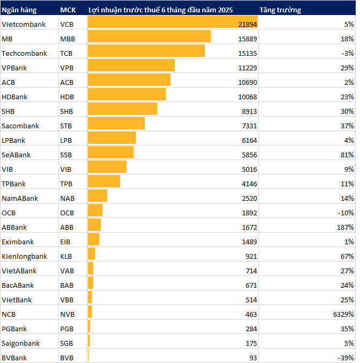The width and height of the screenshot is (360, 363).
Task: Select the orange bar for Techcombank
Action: pos(146,53)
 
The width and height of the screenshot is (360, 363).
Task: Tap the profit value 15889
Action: pos(246,39)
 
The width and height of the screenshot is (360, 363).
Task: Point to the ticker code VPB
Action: pos(67,68)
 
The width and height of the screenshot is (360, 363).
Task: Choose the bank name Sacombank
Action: pos(20,126)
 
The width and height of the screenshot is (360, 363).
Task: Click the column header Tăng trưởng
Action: pos(280,10)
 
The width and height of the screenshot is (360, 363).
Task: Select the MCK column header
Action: pos(68,10)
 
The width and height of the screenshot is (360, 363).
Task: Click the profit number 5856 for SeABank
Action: pos(248,155)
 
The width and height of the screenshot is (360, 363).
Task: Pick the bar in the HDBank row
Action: pos(127,97)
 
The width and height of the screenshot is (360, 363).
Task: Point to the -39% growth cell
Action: pos(346,358)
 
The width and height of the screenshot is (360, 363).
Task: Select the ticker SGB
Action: pos(67,343)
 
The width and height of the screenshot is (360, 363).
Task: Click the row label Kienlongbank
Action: pos(24,256)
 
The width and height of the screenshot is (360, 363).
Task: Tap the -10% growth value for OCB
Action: pos(346,213)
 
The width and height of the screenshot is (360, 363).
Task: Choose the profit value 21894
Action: pos(246,24)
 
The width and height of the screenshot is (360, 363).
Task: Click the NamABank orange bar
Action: pos(98,198)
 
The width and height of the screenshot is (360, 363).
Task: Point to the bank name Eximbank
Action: pos(18,242)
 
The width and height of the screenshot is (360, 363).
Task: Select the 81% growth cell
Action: pos(347,155)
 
